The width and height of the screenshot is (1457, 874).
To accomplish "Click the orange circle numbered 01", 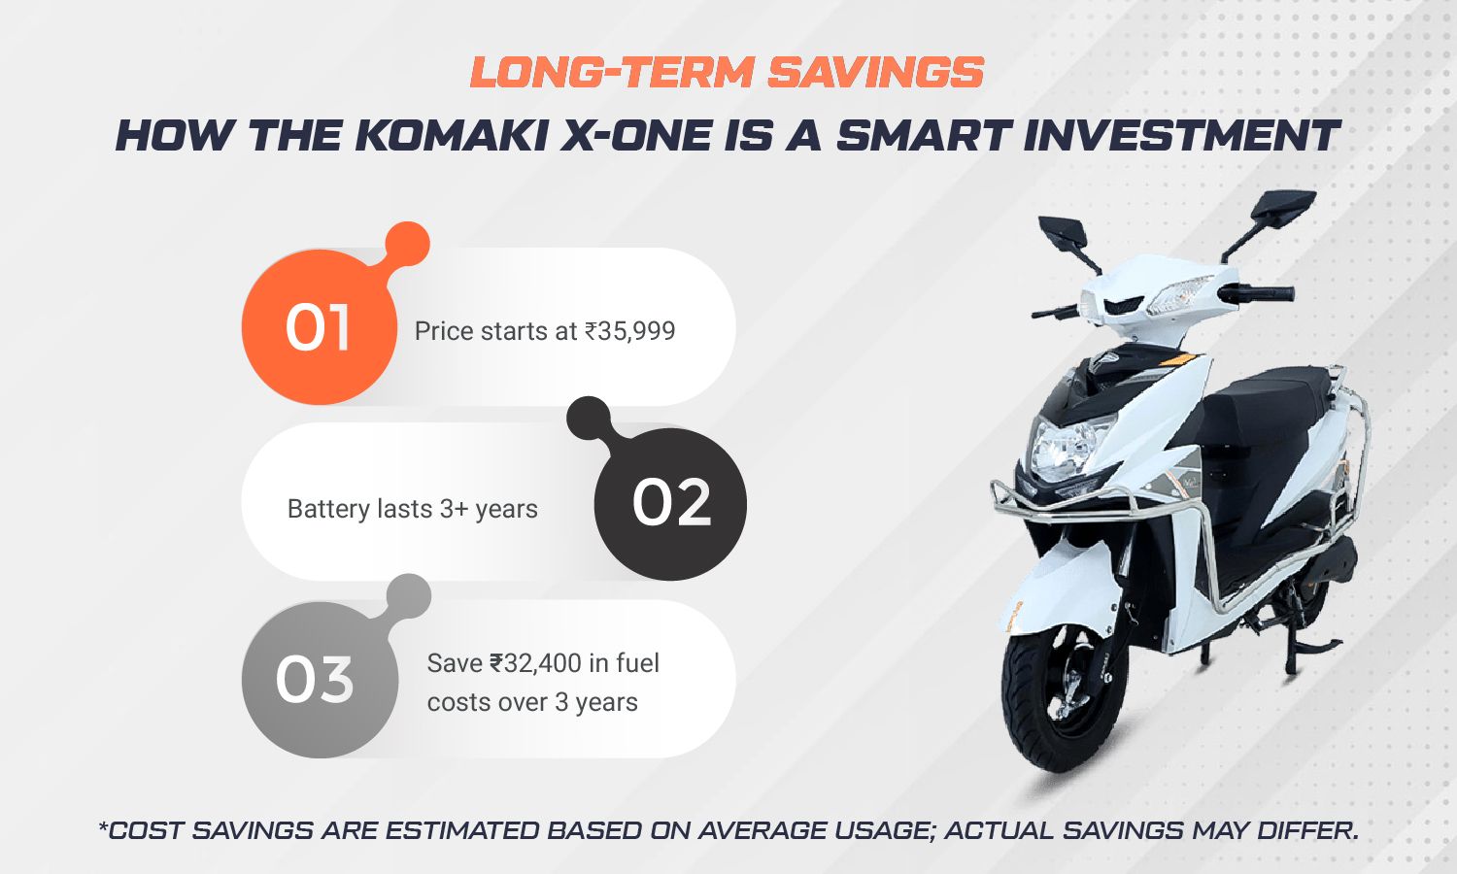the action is (x=319, y=327).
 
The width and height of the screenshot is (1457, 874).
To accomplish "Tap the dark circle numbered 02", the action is (x=670, y=504).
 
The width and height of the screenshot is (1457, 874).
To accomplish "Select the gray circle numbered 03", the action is (x=320, y=680).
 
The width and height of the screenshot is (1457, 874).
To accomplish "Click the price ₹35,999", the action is (x=629, y=331).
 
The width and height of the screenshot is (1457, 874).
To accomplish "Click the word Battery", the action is (x=328, y=509).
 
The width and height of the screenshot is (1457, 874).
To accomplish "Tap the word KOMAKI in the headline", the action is (x=451, y=136).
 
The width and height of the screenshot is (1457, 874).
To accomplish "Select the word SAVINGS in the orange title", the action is (x=875, y=72).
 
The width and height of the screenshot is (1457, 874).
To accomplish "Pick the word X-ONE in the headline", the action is (x=634, y=136).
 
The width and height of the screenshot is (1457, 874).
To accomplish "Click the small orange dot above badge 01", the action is (x=408, y=244).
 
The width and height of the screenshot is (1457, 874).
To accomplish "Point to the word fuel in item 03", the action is (x=637, y=663).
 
